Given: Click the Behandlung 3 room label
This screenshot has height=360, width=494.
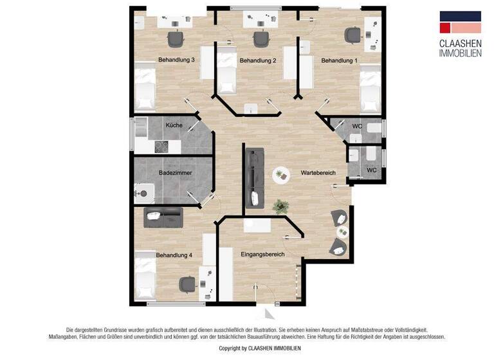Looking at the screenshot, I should tap(176, 60).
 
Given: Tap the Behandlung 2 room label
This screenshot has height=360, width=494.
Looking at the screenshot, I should tap(258, 61).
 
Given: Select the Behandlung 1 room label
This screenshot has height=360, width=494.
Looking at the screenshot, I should tap(339, 60).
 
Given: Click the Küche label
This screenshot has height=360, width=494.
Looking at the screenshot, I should tap(174, 125).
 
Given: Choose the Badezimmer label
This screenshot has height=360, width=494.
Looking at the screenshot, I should tap(175, 173).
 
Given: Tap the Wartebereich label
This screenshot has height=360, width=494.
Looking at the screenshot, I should tap(318, 174).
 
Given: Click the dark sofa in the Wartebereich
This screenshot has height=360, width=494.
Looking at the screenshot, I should tap(255, 177).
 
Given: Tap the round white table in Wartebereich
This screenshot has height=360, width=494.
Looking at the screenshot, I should tap(280, 174).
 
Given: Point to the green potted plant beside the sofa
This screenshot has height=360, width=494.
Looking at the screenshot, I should tap(280, 206).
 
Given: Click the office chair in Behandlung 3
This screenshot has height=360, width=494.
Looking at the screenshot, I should tap(176, 39).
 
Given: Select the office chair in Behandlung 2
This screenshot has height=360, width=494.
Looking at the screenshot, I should tap(261, 39).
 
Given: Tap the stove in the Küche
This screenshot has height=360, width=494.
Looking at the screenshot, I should tap(160, 146).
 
